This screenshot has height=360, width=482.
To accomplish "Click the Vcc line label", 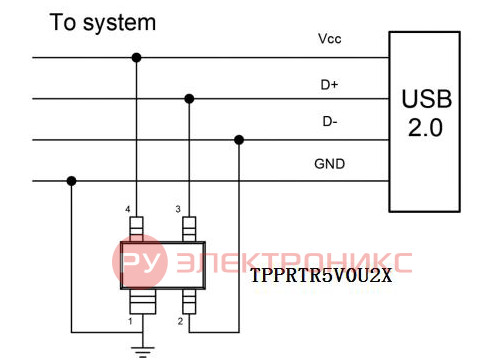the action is [330, 39].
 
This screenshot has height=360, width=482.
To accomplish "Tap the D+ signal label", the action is [329, 85].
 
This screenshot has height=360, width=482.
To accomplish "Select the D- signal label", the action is [330, 121].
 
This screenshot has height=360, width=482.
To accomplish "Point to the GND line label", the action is [330, 164].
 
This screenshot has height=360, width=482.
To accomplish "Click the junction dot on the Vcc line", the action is [136, 58].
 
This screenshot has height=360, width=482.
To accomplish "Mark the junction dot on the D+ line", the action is [189, 99].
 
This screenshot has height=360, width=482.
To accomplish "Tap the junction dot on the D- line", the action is [239, 140].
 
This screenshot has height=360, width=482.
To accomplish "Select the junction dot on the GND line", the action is [71, 181].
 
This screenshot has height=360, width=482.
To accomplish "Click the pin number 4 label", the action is [128, 209].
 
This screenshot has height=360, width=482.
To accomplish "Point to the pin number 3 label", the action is [178, 209].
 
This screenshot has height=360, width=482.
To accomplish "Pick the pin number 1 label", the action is [130, 321].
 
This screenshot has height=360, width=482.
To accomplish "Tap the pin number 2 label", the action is [180, 321].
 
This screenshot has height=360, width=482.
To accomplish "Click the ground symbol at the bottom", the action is [143, 352].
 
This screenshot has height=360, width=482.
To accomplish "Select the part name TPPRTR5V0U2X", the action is [321, 276].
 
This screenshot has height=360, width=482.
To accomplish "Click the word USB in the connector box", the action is [426, 99].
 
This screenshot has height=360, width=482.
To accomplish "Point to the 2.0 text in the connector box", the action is [426, 128].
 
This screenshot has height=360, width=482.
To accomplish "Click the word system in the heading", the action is [119, 23].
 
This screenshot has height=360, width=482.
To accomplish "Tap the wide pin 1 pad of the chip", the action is [143, 302].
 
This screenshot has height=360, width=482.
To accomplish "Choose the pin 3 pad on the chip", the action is [189, 229].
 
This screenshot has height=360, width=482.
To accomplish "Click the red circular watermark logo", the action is [140, 262].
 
